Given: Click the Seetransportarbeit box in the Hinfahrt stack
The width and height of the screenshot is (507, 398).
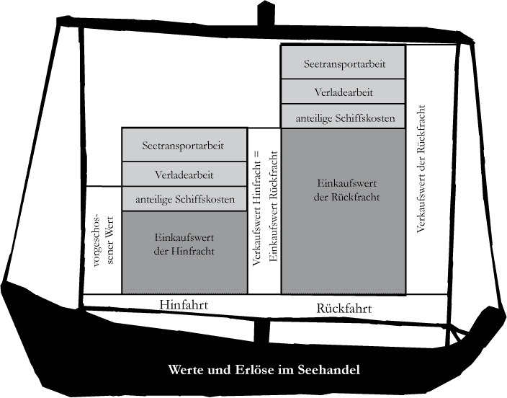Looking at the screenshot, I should [x=183, y=145].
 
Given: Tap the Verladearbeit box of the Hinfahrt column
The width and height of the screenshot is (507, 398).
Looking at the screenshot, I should [x=183, y=174].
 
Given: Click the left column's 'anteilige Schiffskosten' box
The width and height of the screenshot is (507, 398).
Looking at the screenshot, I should [x=183, y=199].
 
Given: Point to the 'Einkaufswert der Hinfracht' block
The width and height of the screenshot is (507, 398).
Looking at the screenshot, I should [x=183, y=245].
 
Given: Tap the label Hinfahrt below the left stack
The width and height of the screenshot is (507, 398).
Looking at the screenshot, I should [x=183, y=306].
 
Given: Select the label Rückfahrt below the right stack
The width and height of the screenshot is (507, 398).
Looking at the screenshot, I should [x=344, y=309].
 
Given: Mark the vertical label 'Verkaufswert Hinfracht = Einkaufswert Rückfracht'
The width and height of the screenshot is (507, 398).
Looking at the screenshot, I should [x=264, y=209].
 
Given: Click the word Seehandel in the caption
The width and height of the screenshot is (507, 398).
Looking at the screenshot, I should [x=327, y=371].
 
